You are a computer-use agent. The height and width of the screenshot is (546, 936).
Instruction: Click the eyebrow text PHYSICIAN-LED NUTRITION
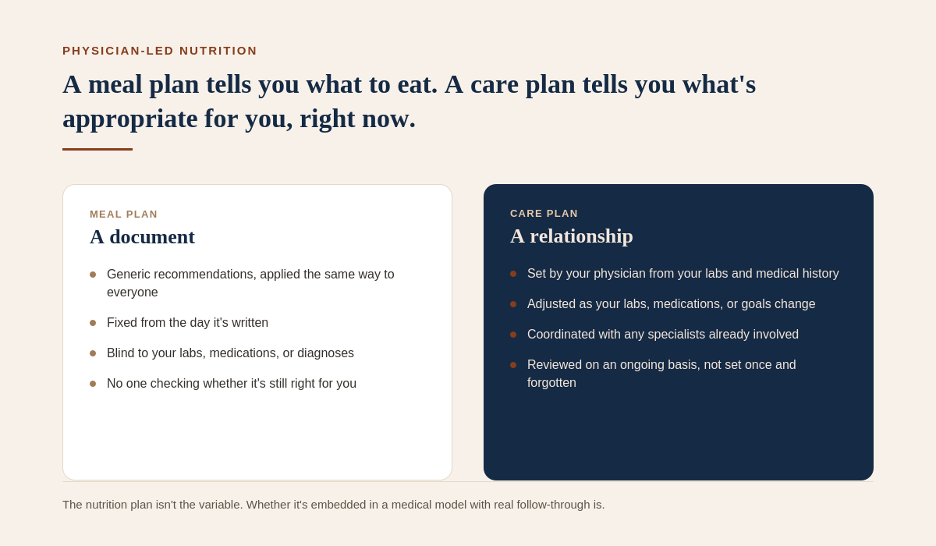point(160,51)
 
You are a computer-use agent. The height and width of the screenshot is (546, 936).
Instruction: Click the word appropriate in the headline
point(130,119)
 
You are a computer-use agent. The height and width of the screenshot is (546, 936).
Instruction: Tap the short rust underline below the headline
point(97,149)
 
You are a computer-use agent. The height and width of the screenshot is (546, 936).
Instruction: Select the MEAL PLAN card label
point(124,214)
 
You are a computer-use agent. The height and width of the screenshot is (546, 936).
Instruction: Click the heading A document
point(142,237)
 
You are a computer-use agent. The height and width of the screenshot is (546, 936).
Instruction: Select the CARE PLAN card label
point(544,214)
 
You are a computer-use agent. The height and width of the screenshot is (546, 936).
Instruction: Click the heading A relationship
point(572,236)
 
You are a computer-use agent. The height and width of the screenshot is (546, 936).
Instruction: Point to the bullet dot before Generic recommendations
point(93,275)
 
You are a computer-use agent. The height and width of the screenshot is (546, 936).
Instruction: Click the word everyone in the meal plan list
point(133,292)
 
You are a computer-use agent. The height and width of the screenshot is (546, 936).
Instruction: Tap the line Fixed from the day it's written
point(188,322)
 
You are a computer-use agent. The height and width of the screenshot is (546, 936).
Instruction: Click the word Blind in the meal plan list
point(120,353)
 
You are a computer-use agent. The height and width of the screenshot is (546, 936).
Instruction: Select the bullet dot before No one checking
point(93,384)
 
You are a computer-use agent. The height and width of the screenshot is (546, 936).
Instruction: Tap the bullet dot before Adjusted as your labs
point(513,304)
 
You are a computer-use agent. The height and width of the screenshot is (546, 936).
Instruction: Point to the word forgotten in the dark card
point(551,383)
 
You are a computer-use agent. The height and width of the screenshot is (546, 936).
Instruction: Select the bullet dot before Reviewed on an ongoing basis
point(513,365)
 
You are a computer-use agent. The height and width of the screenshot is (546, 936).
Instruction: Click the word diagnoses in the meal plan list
point(325,353)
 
